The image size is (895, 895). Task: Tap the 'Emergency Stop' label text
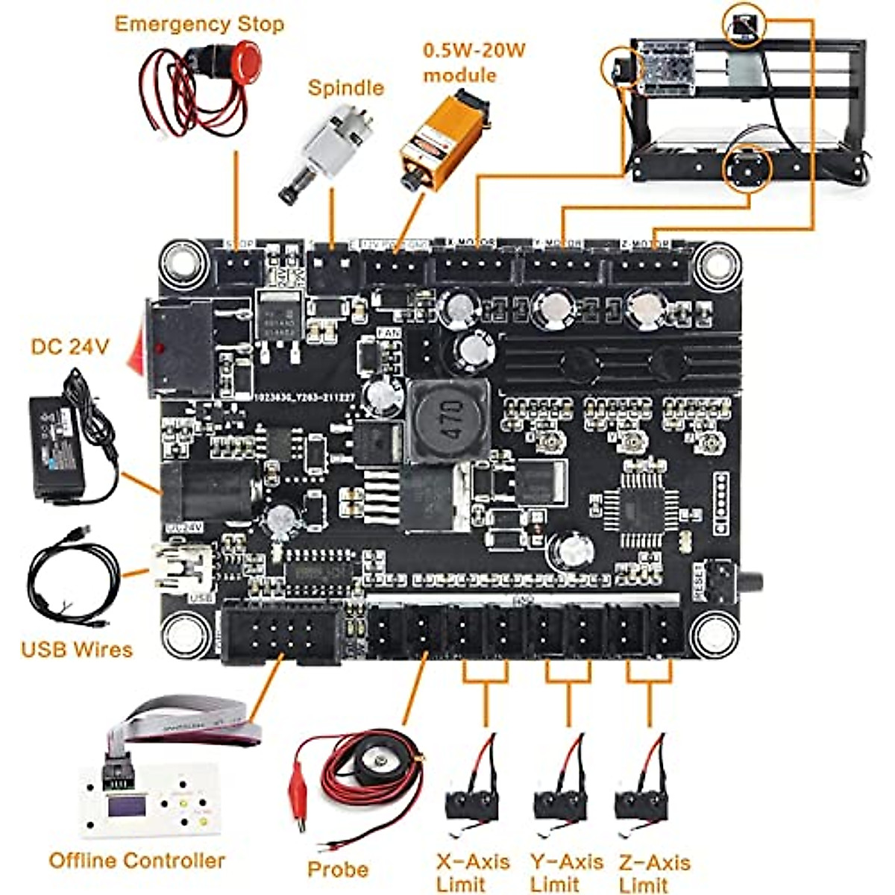pos(199,24)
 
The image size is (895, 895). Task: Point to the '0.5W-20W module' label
pos(474,63)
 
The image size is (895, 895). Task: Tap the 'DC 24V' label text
pos(70,347)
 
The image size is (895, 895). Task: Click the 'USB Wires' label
pos(76,649)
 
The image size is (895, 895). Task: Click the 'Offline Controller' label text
pos(136,861)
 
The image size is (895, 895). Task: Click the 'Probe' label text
pos(337,870)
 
